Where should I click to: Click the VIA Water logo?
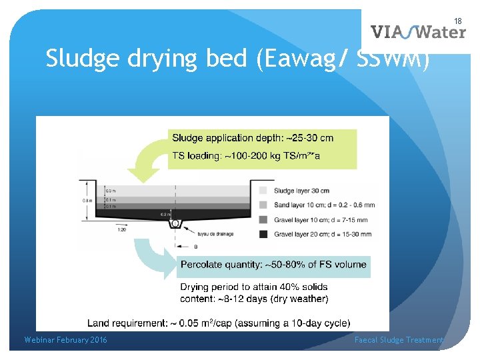tap(417, 31)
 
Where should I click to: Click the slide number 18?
tap(458, 21)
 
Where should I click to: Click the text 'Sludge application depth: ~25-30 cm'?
tap(253, 138)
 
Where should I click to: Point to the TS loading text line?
tap(246, 155)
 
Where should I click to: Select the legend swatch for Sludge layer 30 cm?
tap(264, 190)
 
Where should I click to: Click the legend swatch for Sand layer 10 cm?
tap(264, 204)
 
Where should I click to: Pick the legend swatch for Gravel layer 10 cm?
tap(264, 219)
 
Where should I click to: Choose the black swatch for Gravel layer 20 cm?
tap(264, 233)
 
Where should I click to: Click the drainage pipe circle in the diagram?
tap(175, 223)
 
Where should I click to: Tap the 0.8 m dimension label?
tap(86, 199)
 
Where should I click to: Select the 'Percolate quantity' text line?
tap(273, 265)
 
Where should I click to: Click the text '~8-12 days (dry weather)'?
tap(255, 298)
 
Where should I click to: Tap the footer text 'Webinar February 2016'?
tap(65, 340)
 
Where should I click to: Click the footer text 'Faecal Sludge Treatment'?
tap(399, 340)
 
